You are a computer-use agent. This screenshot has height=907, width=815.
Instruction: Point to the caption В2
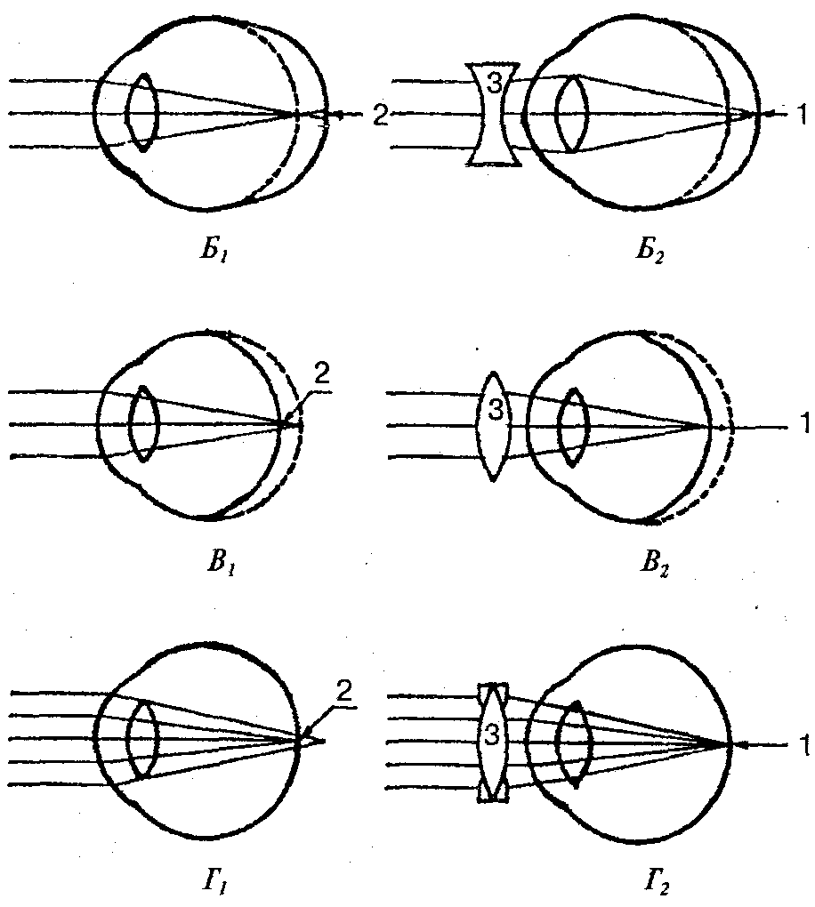coord(653,564)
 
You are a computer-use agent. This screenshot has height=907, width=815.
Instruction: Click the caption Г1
coord(216,883)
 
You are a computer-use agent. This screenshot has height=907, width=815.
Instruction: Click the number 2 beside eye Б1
coord(380,115)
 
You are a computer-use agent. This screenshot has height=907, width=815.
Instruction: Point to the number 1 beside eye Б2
coord(803,113)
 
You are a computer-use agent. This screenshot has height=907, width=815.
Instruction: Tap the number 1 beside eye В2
coord(804,425)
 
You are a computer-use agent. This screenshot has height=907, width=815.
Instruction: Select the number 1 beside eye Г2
coord(805,748)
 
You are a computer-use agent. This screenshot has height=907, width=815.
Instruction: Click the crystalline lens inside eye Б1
coord(142,113)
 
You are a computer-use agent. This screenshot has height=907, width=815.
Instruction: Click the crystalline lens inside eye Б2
coord(572,114)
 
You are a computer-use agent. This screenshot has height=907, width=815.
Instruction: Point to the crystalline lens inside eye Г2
coord(576,742)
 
